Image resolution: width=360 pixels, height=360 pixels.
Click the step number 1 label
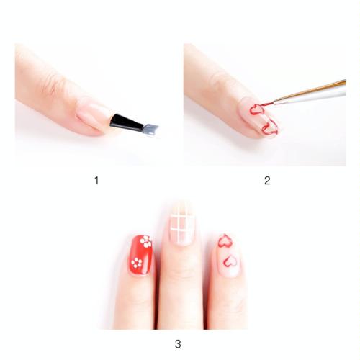coord(96,181)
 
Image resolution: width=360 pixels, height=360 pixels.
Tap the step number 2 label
coord(267,181)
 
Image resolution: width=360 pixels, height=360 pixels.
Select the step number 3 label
coord(178,344)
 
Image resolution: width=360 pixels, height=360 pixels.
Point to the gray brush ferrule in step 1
coord(150,129)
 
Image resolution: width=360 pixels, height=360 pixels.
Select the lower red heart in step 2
coord(269,127)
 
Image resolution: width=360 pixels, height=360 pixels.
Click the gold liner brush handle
coord(310,93)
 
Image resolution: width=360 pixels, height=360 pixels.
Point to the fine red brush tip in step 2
coord(266,104)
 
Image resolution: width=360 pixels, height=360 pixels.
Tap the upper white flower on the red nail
coord(146,241)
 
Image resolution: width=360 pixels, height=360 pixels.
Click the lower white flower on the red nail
coord(137,263)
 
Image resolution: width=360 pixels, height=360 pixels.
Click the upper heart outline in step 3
coord(225,240)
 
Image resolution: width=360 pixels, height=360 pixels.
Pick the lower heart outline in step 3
coord(230,261)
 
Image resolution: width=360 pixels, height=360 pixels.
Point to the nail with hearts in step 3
coord(228,254)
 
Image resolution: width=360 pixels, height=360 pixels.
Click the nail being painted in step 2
coord(261,118)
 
